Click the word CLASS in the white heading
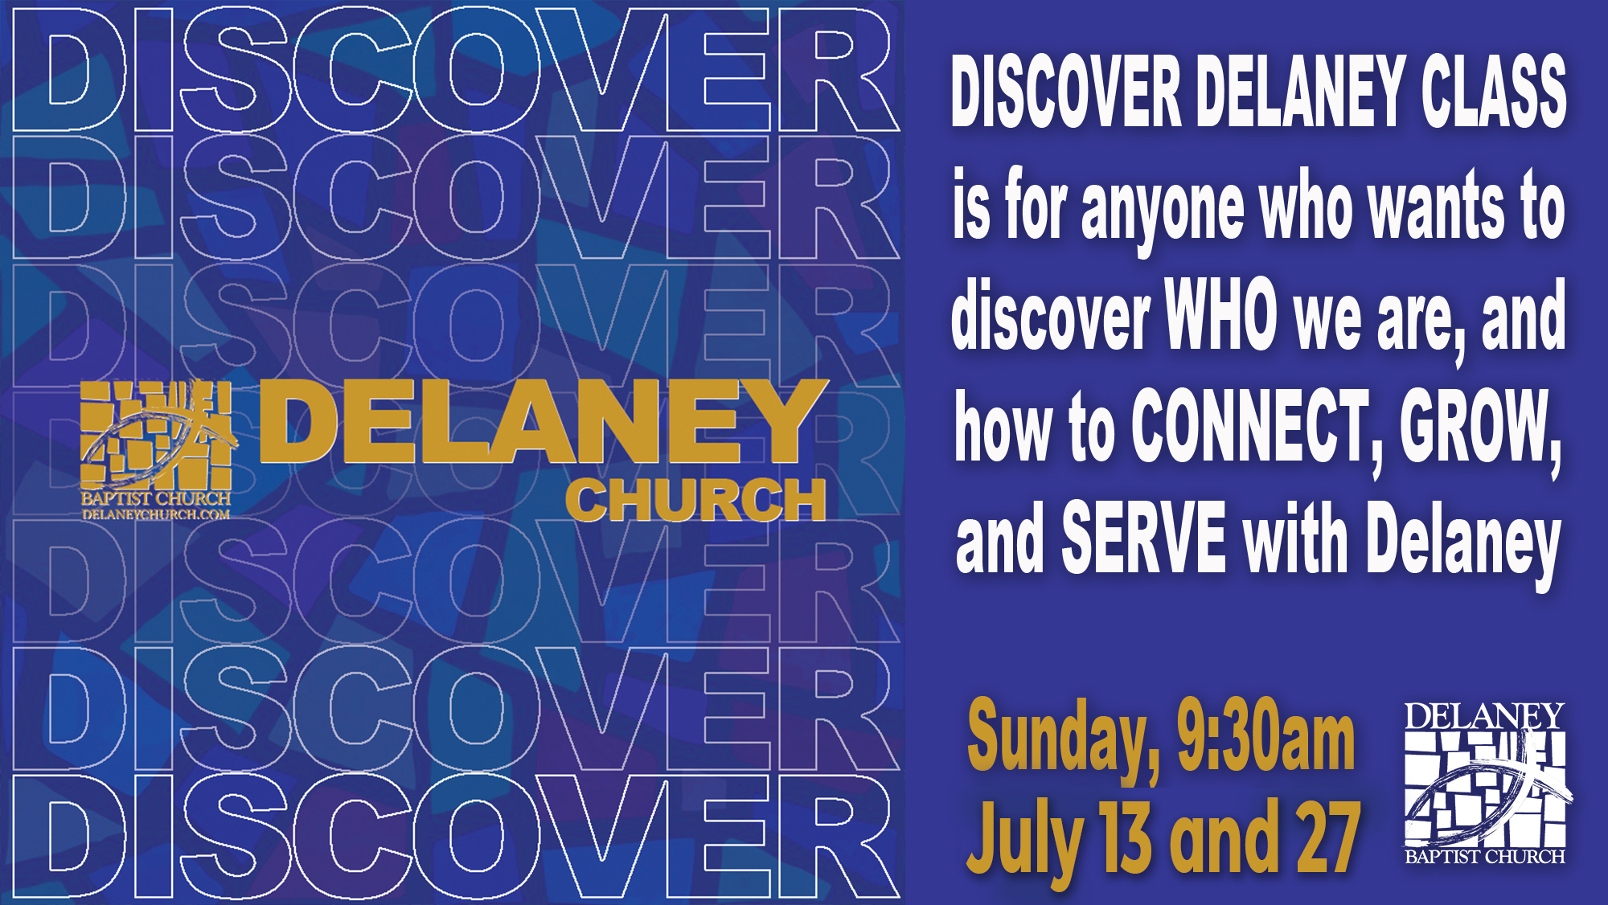pos(1494,91)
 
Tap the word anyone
pos(1162,211)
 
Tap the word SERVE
pos(1144,536)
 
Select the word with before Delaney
pos(1295,536)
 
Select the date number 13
pos(1127,837)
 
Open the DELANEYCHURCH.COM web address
pos(156,514)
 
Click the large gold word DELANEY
pos(543,421)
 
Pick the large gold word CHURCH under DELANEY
pos(696,500)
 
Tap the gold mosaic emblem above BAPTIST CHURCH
pos(157,434)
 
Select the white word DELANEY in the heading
pos(1301,91)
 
